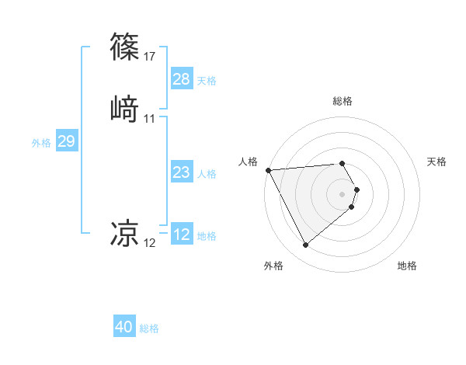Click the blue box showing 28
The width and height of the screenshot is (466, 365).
(181, 79)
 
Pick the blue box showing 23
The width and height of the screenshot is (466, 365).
(181, 173)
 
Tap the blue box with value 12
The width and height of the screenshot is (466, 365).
(181, 235)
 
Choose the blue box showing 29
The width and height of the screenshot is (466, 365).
(66, 141)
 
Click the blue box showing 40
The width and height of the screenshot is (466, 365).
(124, 327)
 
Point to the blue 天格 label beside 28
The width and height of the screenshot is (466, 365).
(207, 80)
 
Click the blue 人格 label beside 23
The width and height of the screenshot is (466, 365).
(207, 174)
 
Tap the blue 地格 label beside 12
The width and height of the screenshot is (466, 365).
(207, 236)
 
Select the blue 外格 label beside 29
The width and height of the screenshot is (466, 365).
(40, 142)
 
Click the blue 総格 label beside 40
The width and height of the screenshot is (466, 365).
(149, 328)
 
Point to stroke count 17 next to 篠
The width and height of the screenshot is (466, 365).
(149, 56)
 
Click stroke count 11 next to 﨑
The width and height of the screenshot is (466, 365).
(149, 118)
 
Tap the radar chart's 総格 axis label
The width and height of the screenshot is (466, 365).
(342, 101)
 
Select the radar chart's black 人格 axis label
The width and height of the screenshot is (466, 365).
(248, 162)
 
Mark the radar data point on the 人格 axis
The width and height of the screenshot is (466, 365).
(268, 169)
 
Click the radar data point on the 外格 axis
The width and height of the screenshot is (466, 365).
(305, 245)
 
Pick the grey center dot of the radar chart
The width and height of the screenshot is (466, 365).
(342, 193)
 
